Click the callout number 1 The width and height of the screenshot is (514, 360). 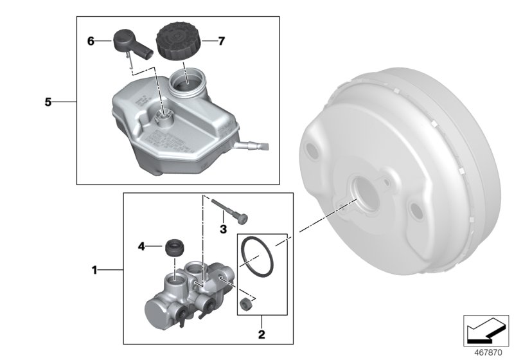click(x=94, y=271)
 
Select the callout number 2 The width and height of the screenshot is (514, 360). click(x=261, y=334)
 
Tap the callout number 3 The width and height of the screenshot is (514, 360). click(x=223, y=228)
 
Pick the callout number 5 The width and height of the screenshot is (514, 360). click(x=48, y=102)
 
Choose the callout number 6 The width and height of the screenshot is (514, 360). click(x=91, y=41)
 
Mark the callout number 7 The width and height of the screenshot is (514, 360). click(x=221, y=41)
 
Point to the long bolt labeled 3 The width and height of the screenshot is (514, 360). click(x=231, y=211)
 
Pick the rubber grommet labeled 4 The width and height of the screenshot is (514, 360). click(x=174, y=247)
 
